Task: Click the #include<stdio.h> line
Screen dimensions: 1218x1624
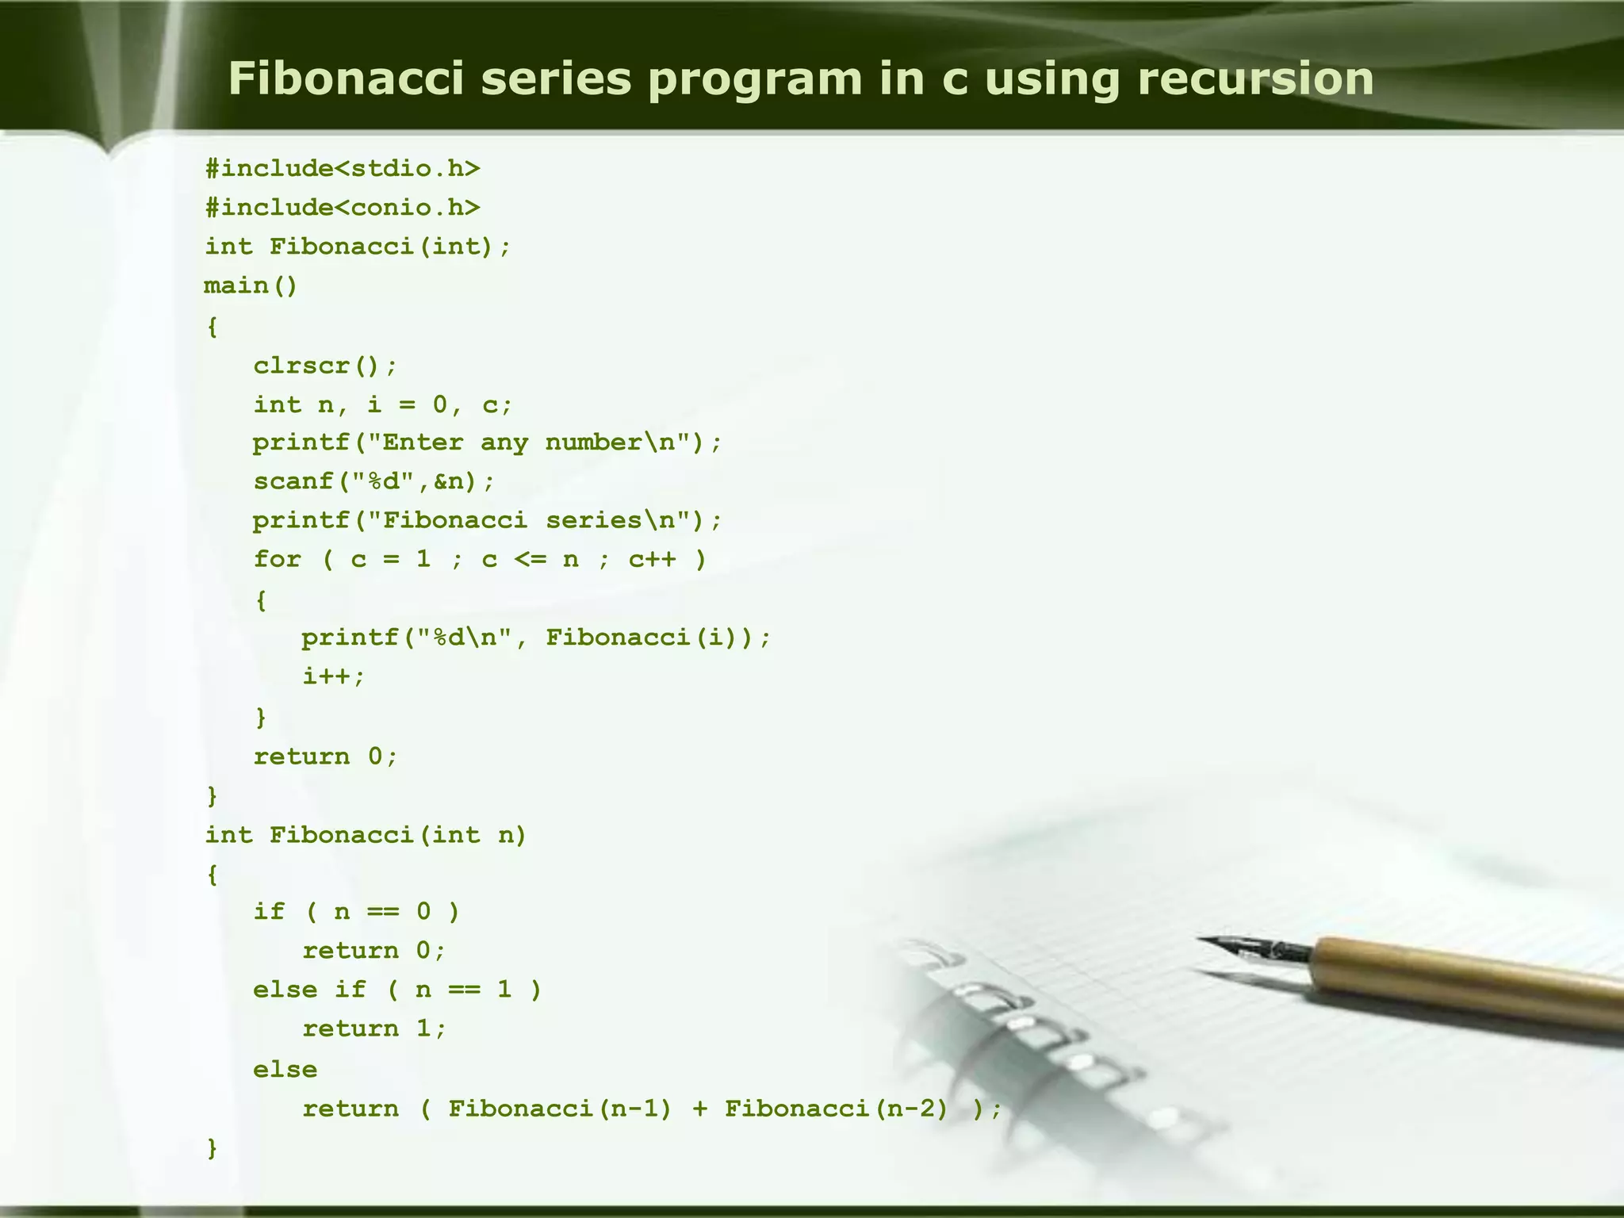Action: (343, 168)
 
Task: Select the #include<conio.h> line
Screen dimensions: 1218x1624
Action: (343, 208)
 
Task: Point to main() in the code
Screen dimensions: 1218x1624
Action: (251, 285)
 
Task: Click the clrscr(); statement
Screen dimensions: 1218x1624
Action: (325, 366)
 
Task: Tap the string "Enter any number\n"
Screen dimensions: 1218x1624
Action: (527, 442)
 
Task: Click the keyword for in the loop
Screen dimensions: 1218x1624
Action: (277, 559)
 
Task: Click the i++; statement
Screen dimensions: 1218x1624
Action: (334, 676)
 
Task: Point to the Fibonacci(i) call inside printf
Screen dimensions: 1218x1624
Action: (650, 638)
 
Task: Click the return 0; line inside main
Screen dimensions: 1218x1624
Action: (325, 756)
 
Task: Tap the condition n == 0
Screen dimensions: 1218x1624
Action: (382, 912)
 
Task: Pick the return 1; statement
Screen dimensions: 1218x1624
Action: (374, 1028)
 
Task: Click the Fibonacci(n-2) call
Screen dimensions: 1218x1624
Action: (837, 1109)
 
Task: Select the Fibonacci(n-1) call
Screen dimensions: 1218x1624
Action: (560, 1109)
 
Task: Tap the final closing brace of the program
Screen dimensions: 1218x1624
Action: (212, 1147)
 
